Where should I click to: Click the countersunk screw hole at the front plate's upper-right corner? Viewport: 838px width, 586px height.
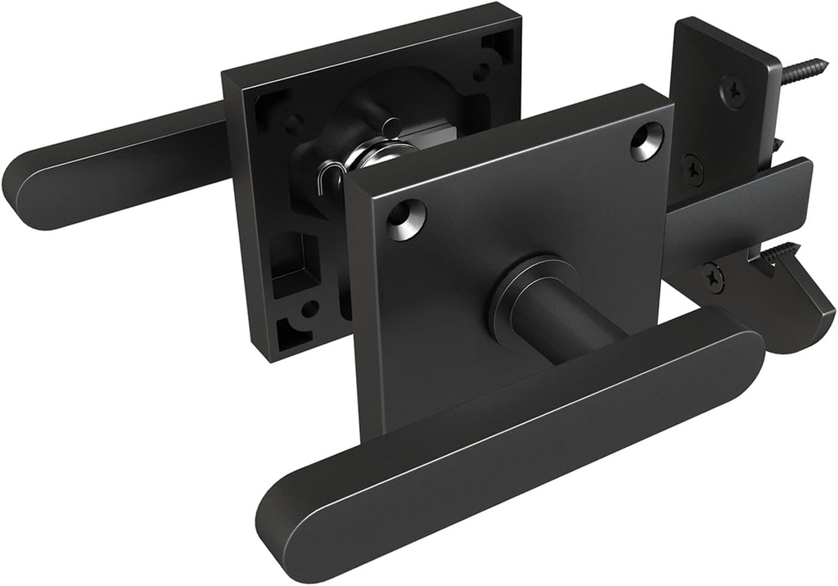(x=647, y=140)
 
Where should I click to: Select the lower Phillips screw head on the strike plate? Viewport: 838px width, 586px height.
(x=693, y=169)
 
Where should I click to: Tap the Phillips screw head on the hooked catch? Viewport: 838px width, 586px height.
(x=714, y=277)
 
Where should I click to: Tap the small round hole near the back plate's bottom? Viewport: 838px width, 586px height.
(x=310, y=309)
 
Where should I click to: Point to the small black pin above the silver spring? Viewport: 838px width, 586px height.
(x=394, y=127)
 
